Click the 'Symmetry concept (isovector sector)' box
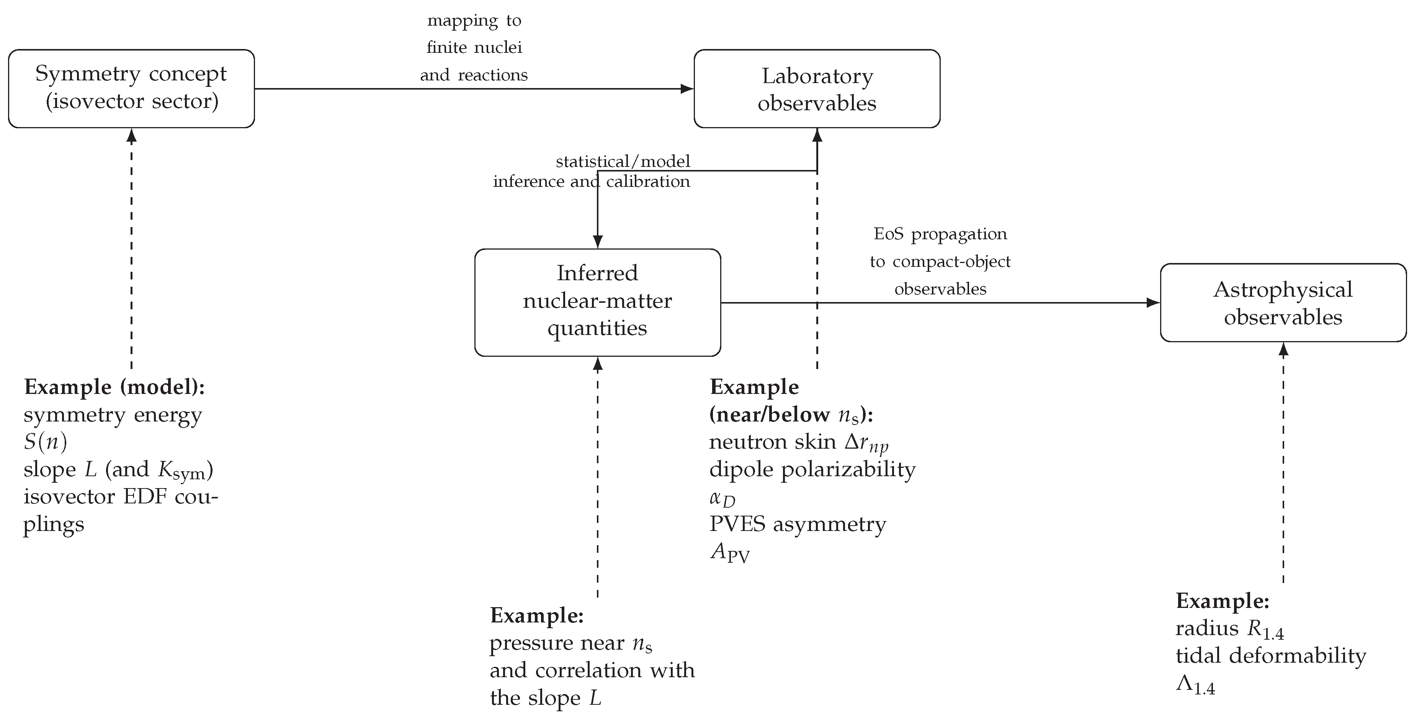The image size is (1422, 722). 131,88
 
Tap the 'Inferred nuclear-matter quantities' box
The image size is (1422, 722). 597,302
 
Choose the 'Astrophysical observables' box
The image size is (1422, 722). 1283,302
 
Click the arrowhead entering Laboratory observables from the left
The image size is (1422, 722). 687,89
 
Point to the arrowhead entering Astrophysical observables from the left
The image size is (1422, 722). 1153,302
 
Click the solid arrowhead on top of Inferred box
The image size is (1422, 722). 597,242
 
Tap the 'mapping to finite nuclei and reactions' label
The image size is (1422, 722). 474,47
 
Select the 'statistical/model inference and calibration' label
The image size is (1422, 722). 592,171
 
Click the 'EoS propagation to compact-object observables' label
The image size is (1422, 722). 940,261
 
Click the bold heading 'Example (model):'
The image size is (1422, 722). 114,387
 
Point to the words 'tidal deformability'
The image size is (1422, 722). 1271,656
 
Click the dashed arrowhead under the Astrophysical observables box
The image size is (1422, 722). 1283,349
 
